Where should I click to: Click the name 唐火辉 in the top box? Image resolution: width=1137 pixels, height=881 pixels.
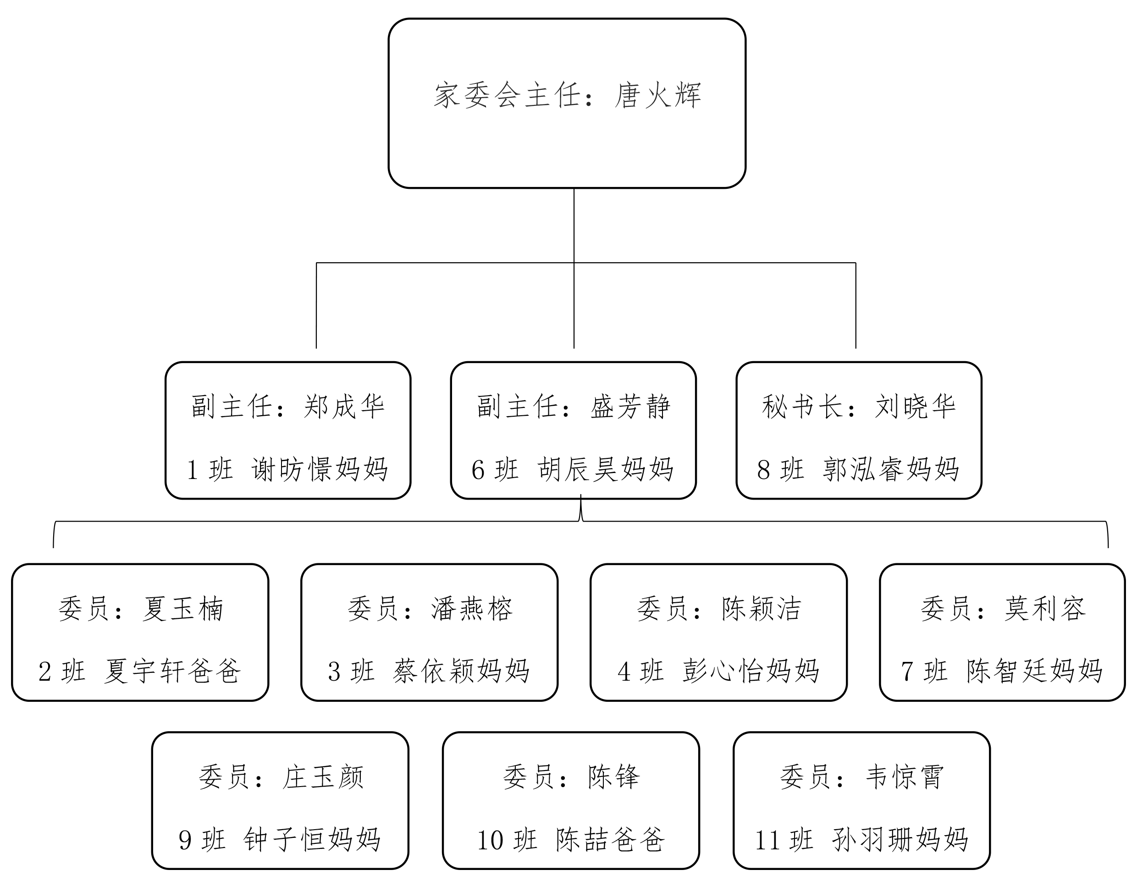(658, 95)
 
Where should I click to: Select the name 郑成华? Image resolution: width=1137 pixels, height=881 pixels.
(344, 407)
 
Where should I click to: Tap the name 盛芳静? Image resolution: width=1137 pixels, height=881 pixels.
(630, 407)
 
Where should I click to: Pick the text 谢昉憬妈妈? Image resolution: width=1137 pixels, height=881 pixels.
(320, 469)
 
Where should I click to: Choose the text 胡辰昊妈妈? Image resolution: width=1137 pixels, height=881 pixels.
(606, 469)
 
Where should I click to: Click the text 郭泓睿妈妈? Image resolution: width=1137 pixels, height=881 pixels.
(891, 469)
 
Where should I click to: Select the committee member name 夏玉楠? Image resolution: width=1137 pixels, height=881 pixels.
(183, 609)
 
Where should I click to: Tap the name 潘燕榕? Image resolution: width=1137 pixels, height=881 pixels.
(472, 609)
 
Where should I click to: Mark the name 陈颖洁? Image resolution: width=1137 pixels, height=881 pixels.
(762, 609)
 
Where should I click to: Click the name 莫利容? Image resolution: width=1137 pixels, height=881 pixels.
(1045, 609)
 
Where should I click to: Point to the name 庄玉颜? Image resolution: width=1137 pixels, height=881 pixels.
(323, 777)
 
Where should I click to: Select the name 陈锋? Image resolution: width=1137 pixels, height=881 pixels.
(614, 777)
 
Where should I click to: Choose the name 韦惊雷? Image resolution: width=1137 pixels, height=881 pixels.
(905, 777)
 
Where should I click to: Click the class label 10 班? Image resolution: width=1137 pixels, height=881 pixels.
(507, 840)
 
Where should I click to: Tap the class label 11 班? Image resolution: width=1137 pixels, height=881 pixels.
(784, 840)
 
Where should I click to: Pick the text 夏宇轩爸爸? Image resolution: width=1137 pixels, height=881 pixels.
(172, 671)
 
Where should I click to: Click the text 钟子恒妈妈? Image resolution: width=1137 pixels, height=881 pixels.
(312, 840)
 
